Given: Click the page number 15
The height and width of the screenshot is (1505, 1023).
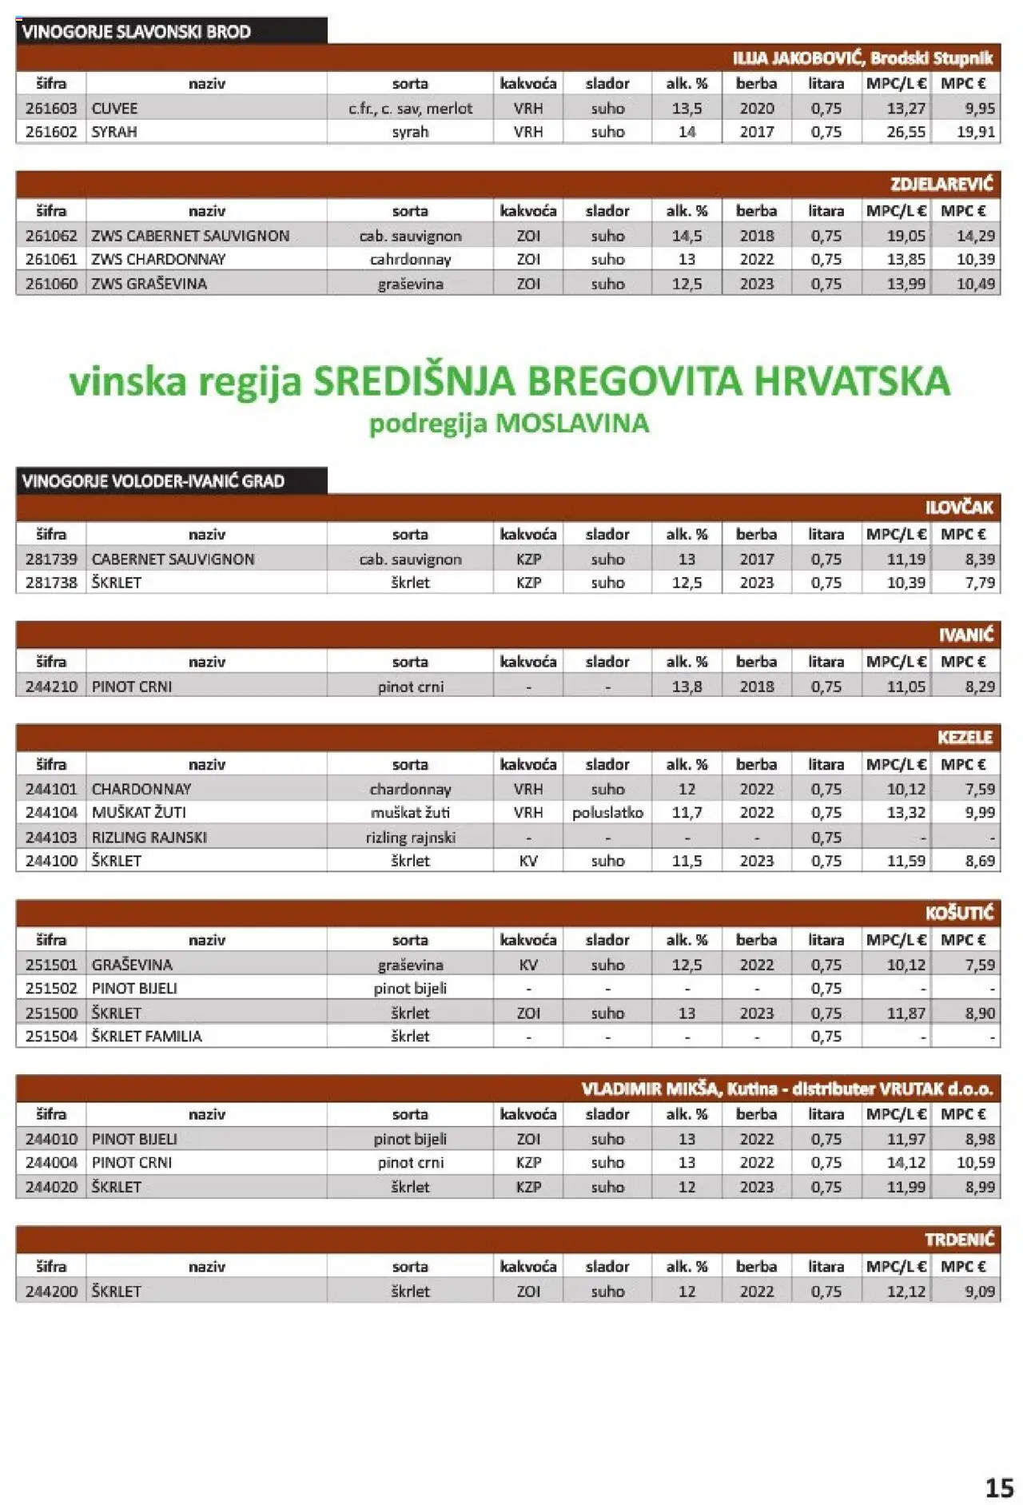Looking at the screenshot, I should click(999, 1487).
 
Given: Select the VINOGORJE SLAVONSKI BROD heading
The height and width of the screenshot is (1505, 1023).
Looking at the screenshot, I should click(137, 32).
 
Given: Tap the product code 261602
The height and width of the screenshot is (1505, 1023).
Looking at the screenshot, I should click(51, 132).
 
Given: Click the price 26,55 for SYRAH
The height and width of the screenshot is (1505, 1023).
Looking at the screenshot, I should click(906, 132).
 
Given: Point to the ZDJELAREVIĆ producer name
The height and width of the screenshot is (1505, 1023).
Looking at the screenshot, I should click(941, 185).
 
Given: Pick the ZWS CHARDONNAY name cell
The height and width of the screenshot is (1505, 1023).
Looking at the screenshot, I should click(158, 260).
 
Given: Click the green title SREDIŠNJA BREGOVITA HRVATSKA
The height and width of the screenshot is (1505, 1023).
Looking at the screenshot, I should click(631, 381).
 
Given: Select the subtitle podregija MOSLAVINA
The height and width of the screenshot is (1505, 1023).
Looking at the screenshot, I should click(509, 424).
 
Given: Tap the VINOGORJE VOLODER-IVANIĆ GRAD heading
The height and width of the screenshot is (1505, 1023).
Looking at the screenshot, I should click(153, 481).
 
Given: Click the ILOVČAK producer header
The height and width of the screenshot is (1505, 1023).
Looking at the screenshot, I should click(958, 508).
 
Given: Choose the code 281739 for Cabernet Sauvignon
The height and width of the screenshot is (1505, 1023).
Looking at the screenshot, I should click(51, 559).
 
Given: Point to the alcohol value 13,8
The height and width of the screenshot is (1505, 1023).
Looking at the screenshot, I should click(687, 687).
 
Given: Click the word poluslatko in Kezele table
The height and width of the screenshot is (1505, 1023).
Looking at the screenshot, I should click(607, 813).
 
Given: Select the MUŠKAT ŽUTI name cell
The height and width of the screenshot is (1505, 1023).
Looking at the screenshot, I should click(139, 813).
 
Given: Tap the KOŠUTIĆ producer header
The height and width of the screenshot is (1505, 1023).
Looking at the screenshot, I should click(959, 913).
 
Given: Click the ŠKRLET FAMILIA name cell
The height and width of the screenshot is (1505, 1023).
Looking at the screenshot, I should click(147, 1037).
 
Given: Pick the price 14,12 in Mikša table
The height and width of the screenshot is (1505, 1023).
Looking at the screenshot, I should click(906, 1163).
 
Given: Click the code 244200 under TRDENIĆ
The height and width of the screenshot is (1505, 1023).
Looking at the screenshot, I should click(51, 1292).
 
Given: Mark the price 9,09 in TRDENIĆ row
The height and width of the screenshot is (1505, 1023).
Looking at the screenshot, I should click(979, 1292).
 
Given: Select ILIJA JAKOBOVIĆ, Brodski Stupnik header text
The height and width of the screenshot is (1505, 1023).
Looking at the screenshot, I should click(862, 58).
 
